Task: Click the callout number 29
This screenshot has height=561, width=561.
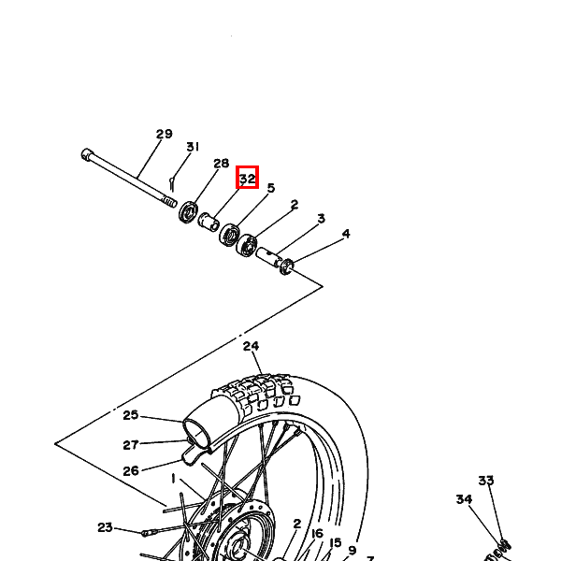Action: coord(165,134)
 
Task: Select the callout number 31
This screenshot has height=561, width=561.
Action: coord(193,147)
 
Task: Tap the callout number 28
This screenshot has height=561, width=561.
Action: coord(221,164)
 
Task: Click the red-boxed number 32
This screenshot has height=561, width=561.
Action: coord(247,179)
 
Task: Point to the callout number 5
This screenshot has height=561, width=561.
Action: coord(271,188)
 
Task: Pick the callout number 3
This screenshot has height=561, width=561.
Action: coord(322,218)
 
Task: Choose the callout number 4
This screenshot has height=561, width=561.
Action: coord(346,234)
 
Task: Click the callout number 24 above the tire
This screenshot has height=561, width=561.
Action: coord(251,346)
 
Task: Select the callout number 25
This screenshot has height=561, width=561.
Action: coord(131,415)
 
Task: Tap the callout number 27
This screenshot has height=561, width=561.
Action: coord(131,445)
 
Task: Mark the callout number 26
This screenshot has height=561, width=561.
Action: coord(131,471)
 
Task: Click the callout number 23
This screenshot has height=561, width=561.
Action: coord(105,527)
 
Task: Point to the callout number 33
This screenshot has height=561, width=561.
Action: coord(486,481)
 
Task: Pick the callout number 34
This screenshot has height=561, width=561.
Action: coord(464,499)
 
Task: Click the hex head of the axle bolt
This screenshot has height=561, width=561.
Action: coord(86,154)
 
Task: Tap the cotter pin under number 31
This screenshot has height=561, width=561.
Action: coord(172,184)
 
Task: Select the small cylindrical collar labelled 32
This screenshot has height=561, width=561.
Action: coord(209,221)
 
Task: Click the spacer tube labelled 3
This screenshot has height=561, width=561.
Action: coord(269,256)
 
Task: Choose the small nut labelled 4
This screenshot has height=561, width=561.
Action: coord(287,267)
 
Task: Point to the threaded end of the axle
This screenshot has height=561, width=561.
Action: coord(169,201)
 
